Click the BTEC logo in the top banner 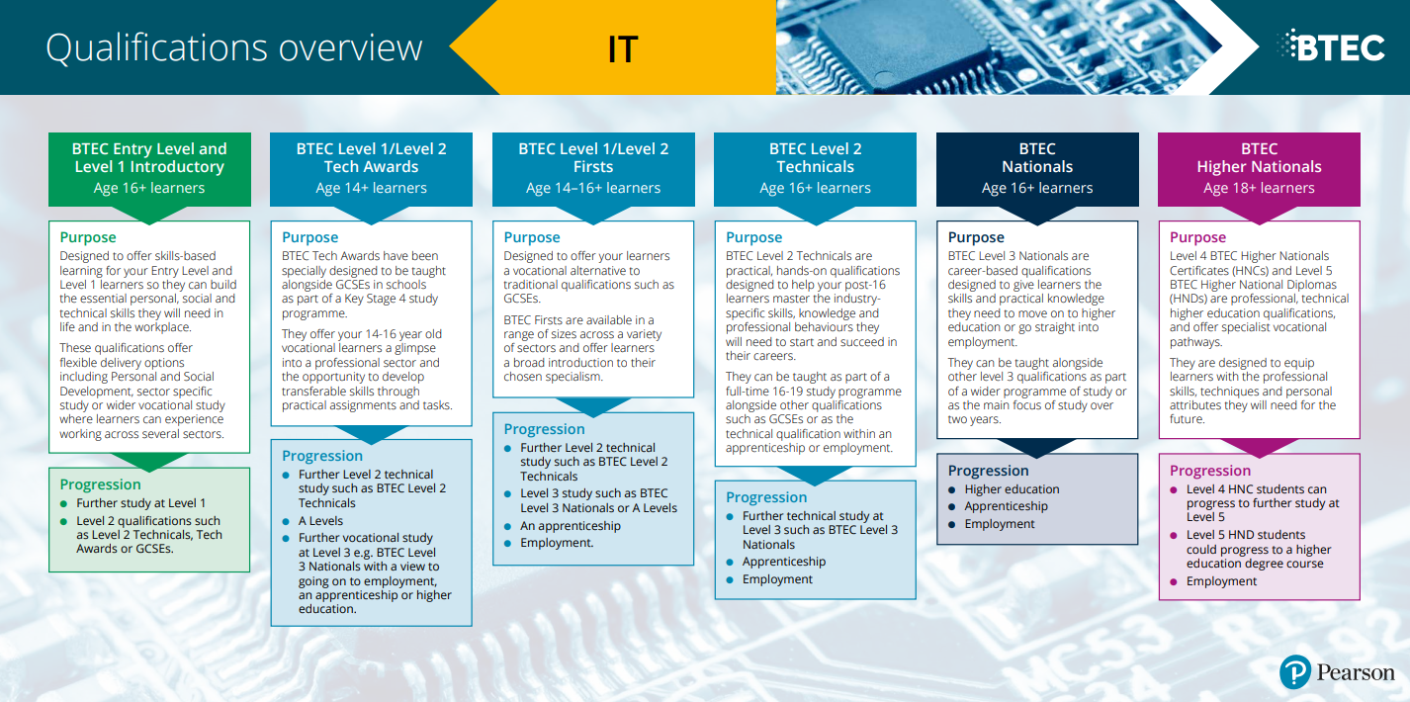[x=1331, y=45]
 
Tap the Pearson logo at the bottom [x=1337, y=671]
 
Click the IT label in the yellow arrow [x=623, y=49]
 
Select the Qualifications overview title [x=233, y=47]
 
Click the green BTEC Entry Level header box [x=150, y=169]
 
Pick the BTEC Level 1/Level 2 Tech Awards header [x=372, y=169]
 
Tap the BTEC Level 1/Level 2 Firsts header [x=593, y=169]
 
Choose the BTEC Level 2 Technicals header [x=815, y=169]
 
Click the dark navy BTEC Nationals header [x=1037, y=169]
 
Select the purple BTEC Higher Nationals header [x=1259, y=169]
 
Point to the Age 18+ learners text [x=1259, y=188]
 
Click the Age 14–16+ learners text [x=593, y=188]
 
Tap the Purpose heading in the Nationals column [x=976, y=237]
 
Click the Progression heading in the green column [x=100, y=484]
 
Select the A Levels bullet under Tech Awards [x=320, y=521]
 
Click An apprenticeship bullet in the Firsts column [x=571, y=526]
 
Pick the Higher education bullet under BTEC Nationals [x=1012, y=489]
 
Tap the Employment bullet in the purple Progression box [x=1221, y=581]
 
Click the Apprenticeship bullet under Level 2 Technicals [x=784, y=562]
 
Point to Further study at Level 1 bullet [x=141, y=503]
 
